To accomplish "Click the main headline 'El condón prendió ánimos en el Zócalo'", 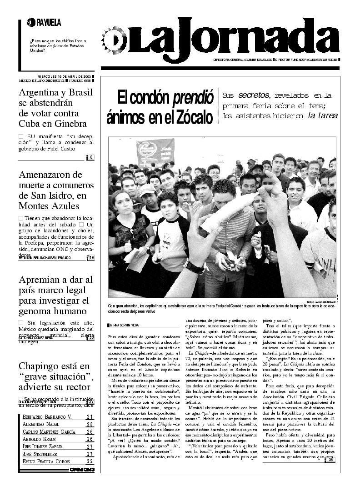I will coord(160,107).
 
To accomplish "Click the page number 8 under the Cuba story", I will coord(91,157).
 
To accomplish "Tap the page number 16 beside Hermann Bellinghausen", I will coord(91,258).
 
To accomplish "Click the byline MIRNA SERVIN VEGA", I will coord(125,325).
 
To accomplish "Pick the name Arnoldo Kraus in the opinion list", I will coord(40,439).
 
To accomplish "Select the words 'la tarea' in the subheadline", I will coord(323,115).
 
